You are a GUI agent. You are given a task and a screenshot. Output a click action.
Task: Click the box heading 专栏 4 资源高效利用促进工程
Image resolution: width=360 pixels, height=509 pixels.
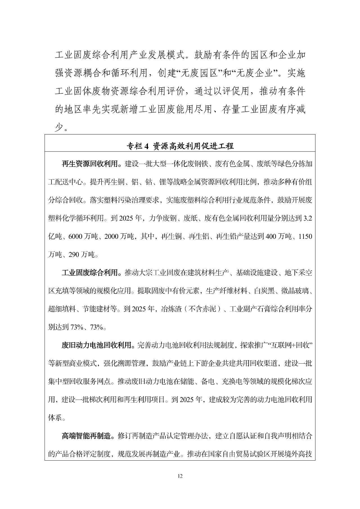[x=180, y=146]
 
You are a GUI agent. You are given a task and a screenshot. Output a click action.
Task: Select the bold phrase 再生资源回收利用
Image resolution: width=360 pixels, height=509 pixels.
[x=89, y=164]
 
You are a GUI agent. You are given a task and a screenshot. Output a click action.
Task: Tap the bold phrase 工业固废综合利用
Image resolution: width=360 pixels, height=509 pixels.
[x=89, y=273]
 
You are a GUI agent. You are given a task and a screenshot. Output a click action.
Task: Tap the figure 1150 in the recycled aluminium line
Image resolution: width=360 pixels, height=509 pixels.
[x=305, y=237]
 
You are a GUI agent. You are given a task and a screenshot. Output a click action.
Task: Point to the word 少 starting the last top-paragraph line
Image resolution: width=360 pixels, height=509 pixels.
[x=58, y=128]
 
